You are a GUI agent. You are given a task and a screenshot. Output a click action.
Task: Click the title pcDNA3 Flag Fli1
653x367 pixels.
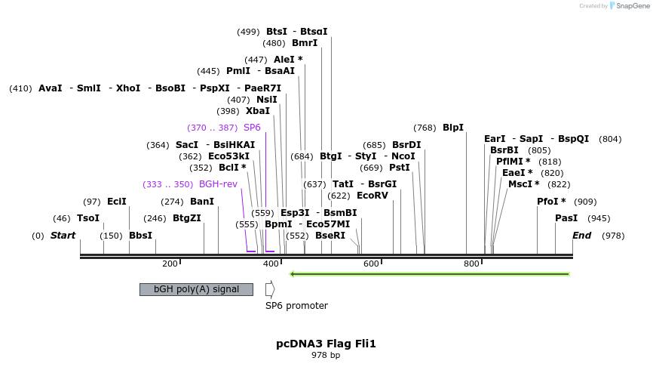pos(326,344)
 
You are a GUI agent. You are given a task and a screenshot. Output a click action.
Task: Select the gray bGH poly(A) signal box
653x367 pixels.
pos(196,289)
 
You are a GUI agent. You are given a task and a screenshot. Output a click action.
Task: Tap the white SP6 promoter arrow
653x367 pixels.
pos(270,289)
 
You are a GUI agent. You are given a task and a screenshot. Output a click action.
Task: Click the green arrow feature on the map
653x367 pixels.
pos(430,273)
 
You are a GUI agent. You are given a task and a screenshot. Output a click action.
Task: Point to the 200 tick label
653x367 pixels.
pos(170,264)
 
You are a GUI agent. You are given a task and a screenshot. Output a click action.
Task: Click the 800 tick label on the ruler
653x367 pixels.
pos(471,264)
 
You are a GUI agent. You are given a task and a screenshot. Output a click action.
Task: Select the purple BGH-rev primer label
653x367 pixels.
pos(218,184)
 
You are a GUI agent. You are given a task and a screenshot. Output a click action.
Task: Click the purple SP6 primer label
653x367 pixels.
pos(252,128)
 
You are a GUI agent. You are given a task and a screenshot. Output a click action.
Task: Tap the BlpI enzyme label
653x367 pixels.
pos(453,128)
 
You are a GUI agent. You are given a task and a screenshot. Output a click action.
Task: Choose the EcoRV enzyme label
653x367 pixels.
pos(372,196)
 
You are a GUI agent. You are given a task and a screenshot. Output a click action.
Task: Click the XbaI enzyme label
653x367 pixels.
pos(258,111)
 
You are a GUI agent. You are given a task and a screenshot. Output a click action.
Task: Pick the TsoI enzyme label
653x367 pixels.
pos(88,218)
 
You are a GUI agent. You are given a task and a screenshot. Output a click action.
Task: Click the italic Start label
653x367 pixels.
pos(63,236)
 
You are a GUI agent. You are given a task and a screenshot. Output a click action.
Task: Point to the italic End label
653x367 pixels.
pos(581,236)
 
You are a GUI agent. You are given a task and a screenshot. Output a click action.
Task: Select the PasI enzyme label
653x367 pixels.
pos(566,218)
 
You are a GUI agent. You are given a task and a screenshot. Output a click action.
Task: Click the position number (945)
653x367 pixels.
pos(599,218)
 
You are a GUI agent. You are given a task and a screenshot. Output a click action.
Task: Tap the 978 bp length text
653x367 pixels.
pos(326,355)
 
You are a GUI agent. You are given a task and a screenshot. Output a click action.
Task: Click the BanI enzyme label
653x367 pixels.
pos(202,202)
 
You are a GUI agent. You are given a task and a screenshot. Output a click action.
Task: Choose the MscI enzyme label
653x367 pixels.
pos(523,184)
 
